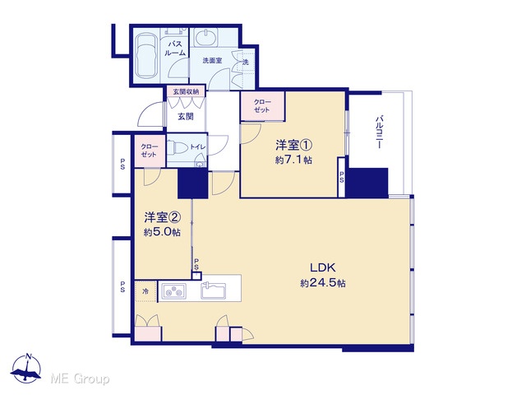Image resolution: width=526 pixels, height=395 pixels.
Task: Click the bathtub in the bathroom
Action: point(146,55)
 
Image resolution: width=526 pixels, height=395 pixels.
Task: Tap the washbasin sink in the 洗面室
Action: point(205,37)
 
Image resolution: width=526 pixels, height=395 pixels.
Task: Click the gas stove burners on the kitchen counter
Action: point(173,290)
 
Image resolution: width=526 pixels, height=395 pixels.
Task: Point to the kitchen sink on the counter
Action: point(214,290)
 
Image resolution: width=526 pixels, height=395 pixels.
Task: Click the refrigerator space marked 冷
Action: point(145,291)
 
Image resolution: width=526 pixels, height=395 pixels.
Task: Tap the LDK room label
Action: point(322,267)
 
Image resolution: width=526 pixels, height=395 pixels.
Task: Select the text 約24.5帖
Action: point(323,283)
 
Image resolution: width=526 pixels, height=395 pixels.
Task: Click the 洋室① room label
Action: point(294,146)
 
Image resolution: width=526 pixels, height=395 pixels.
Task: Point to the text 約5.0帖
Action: point(162,232)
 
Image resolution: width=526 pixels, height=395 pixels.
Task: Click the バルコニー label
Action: point(379,132)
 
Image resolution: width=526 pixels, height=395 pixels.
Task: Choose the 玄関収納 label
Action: point(186,91)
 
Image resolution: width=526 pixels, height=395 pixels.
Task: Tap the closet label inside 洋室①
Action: point(262,106)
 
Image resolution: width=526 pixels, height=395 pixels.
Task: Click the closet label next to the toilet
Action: point(149,151)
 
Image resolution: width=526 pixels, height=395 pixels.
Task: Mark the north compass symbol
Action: point(26,369)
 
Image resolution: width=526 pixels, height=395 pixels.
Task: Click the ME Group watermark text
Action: point(80,379)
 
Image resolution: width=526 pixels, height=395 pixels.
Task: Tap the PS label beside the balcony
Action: point(341,177)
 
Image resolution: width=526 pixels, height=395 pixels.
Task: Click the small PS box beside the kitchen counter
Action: point(196,276)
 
